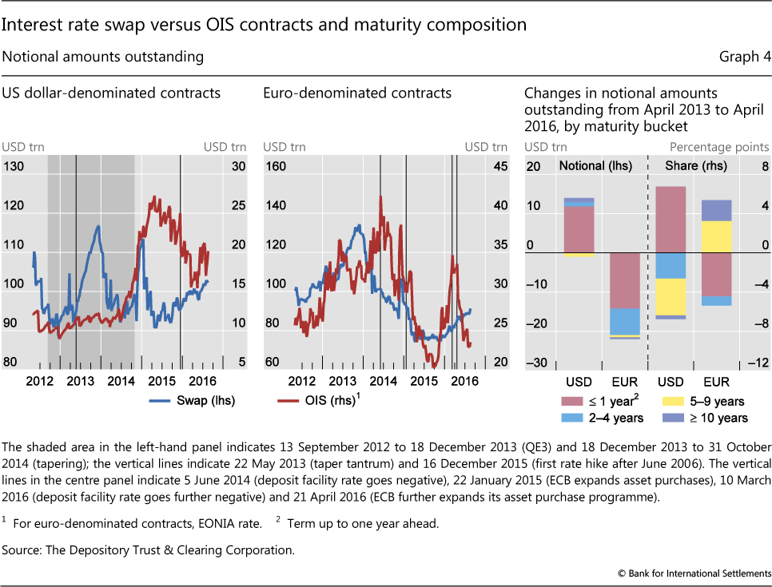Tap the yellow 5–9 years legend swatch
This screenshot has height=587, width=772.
(x=674, y=402)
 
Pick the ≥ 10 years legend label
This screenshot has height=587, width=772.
(x=721, y=418)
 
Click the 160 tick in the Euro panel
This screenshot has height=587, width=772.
(x=276, y=166)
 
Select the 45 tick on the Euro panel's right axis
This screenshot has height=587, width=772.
(x=499, y=166)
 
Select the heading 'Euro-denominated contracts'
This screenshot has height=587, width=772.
(x=357, y=93)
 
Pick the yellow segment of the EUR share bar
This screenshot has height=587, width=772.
(x=715, y=236)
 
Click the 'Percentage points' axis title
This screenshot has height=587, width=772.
(x=719, y=147)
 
